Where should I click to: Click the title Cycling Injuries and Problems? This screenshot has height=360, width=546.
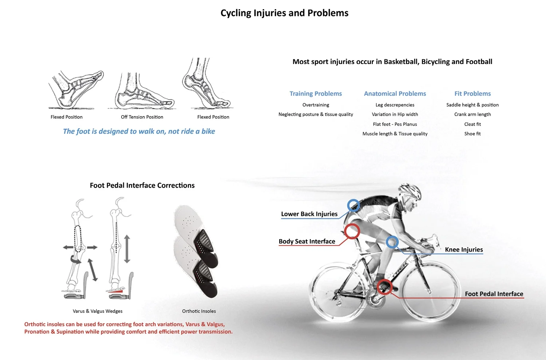(284, 13)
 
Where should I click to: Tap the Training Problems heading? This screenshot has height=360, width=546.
(316, 94)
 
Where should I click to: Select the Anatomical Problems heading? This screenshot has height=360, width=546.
(395, 94)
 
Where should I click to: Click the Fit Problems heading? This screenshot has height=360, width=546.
(472, 94)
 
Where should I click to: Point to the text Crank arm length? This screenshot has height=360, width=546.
(472, 114)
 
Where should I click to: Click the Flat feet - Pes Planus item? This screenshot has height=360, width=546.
(395, 124)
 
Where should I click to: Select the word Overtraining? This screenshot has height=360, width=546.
(316, 105)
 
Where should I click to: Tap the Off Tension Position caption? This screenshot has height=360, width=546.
(142, 117)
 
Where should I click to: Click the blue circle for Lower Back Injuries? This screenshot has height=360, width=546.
(353, 206)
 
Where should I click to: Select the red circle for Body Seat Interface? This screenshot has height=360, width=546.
(352, 231)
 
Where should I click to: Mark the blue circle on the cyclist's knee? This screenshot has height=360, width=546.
(392, 242)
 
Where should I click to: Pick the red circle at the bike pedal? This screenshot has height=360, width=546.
(384, 287)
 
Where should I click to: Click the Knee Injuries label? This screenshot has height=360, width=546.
(464, 250)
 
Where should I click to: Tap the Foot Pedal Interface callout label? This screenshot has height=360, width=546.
(494, 294)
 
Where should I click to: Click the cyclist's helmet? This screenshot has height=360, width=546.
(409, 191)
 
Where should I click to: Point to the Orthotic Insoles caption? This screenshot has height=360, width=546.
(199, 311)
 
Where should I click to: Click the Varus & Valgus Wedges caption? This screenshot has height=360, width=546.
(98, 311)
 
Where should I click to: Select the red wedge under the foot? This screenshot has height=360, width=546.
(116, 291)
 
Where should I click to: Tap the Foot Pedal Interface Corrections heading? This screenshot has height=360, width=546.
(142, 185)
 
